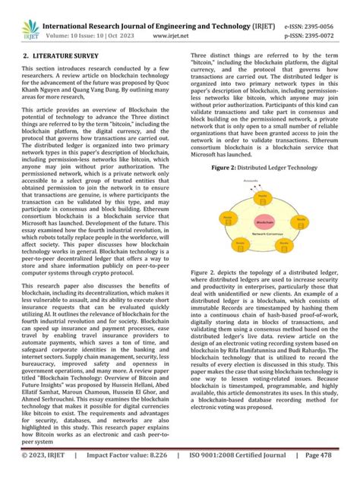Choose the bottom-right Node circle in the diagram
pyautogui.click(x=283, y=244)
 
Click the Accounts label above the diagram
pyautogui.click(x=250, y=180)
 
